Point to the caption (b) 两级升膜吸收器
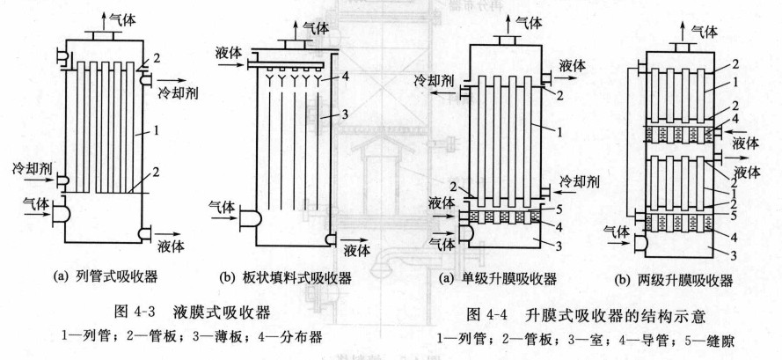pyautogui.click(x=679, y=281)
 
